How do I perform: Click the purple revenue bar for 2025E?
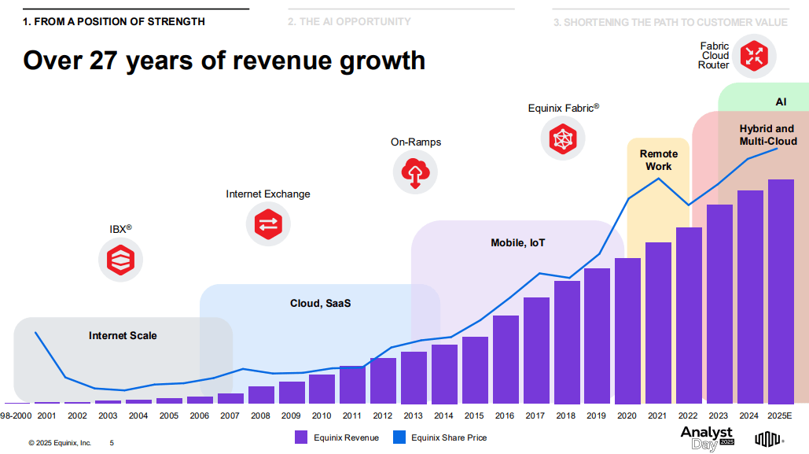pyautogui.click(x=780, y=291)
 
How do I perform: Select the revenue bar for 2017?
pyautogui.click(x=536, y=350)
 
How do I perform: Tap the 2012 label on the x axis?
pyautogui.click(x=383, y=415)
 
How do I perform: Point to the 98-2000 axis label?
pyautogui.click(x=16, y=415)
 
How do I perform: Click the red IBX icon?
pyautogui.click(x=120, y=259)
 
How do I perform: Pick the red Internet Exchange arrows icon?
pyautogui.click(x=268, y=223)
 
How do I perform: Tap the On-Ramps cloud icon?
pyautogui.click(x=415, y=172)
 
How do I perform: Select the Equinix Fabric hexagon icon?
pyautogui.click(x=563, y=138)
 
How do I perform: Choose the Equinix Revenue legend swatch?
pyautogui.click(x=300, y=437)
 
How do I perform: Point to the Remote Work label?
pyautogui.click(x=658, y=160)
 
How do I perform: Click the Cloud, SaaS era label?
pyautogui.click(x=320, y=303)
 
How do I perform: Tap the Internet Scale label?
pyautogui.click(x=123, y=336)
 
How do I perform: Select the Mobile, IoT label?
pyautogui.click(x=517, y=243)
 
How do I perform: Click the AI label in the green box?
pyautogui.click(x=781, y=102)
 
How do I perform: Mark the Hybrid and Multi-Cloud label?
pyautogui.click(x=767, y=135)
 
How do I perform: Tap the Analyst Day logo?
pyautogui.click(x=707, y=438)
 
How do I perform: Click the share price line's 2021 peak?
pyautogui.click(x=658, y=179)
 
